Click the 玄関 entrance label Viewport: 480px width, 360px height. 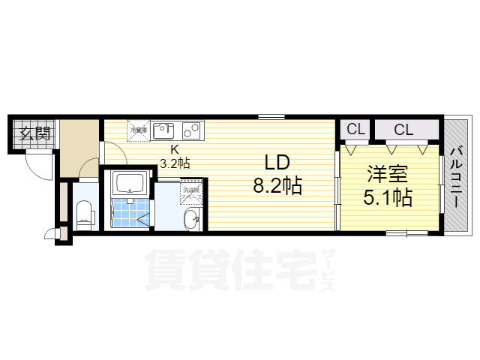tap(34, 135)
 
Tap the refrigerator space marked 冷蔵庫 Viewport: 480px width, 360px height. tap(138, 130)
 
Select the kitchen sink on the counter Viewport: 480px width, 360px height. tap(163, 130)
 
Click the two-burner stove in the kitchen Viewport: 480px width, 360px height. tap(190, 130)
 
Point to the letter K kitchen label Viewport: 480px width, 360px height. tap(174, 148)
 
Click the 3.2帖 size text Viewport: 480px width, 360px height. tap(173, 161)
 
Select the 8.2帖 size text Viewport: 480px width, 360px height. tap(277, 184)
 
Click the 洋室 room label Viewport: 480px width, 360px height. tap(387, 175)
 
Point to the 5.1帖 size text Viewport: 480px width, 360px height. tap(387, 197)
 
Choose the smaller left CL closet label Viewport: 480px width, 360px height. tap(355, 129)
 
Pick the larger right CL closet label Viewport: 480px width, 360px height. tap(403, 129)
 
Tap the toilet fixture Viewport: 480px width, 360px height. tap(85, 213)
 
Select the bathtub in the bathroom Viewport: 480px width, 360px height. tap(130, 184)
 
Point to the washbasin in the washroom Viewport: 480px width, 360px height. tap(191, 218)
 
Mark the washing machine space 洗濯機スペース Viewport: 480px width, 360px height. tap(190, 190)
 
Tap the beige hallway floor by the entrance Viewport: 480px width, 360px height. tap(79, 150)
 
